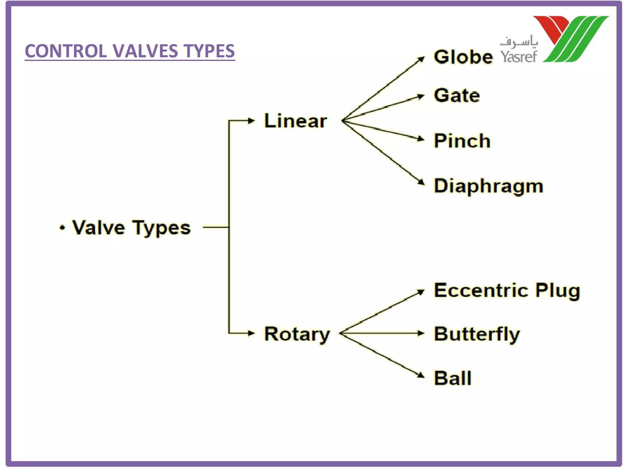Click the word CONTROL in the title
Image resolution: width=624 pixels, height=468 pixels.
pos(66,51)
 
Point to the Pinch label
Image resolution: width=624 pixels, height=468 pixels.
pos(462,141)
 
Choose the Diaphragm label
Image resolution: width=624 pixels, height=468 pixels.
pos(488,186)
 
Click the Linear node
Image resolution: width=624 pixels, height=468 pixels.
pos(295,121)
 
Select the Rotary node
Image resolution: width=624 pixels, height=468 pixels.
pos(297,334)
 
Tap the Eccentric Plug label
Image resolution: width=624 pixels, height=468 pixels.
pos(507,290)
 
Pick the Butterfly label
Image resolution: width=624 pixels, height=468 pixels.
pos(477,334)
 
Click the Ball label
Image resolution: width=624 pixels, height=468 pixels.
pos(453,378)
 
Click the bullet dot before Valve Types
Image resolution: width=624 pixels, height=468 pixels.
pos(62,228)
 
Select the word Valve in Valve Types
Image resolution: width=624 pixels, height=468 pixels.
pos(98,228)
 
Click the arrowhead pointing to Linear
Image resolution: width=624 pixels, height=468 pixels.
pos(251,121)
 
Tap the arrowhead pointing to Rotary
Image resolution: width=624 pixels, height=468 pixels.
pos(251,333)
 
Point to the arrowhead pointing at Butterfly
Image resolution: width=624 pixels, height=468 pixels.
pos(421,333)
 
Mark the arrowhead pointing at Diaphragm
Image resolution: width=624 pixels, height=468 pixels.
pos(421,182)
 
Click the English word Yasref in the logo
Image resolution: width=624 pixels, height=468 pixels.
pos(519,56)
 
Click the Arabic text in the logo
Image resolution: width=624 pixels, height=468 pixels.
pos(519,42)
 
